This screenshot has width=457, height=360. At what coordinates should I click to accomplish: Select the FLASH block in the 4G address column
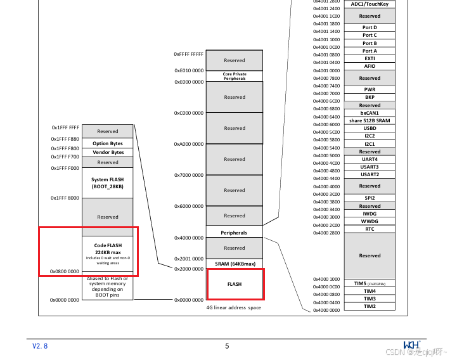[x=235, y=285]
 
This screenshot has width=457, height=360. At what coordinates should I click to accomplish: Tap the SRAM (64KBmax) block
[x=235, y=263]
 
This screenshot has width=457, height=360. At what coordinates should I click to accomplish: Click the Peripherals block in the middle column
[x=235, y=233]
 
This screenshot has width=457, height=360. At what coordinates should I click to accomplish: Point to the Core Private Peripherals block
[x=235, y=76]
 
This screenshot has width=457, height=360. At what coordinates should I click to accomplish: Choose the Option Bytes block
[x=107, y=144]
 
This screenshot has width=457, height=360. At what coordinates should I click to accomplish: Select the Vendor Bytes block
[x=107, y=153]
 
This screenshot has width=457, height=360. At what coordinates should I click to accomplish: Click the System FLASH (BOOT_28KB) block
[x=107, y=183]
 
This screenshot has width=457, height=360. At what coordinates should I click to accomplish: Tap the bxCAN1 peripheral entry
[x=370, y=113]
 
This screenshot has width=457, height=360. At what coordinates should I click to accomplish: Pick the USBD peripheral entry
[x=370, y=128]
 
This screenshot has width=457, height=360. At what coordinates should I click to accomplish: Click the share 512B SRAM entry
[x=370, y=120]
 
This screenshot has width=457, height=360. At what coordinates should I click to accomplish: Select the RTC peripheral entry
[x=370, y=229]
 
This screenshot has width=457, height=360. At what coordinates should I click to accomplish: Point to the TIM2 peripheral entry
[x=370, y=307]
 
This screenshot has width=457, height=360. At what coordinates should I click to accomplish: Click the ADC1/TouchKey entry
[x=370, y=4]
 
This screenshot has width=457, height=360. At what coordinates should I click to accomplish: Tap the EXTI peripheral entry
[x=370, y=58]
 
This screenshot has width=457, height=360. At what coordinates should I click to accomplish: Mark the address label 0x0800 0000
[x=65, y=271]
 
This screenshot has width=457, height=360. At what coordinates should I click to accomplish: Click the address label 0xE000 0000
[x=189, y=82]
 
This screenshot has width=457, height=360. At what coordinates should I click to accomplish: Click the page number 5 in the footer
[x=227, y=346]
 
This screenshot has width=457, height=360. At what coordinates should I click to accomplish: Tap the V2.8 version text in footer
[x=40, y=346]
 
